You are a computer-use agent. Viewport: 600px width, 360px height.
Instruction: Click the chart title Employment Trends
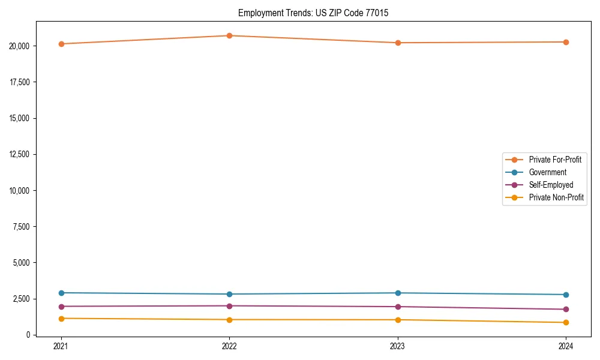313,13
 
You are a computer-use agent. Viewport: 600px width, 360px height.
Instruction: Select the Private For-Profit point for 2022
229,35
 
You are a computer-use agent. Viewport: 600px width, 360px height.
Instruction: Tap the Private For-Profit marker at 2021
61,44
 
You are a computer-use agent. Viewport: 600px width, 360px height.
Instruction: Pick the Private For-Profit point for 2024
566,42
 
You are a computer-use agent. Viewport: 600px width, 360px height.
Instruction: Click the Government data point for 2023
398,293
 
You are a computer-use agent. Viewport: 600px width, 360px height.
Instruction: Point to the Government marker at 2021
61,293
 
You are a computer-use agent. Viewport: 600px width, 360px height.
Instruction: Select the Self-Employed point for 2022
229,306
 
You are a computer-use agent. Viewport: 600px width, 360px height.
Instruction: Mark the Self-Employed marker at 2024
566,310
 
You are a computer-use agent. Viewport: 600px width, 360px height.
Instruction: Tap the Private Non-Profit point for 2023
398,320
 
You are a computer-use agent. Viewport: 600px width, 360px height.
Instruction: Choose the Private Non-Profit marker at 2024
566,323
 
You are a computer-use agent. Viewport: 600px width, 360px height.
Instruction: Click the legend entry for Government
547,172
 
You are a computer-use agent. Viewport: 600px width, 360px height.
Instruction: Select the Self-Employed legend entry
551,185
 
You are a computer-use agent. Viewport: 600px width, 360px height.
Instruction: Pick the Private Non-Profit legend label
556,197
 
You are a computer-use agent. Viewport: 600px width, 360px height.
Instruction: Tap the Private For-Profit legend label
555,160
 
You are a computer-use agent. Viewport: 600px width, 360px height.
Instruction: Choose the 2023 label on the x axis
398,346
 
